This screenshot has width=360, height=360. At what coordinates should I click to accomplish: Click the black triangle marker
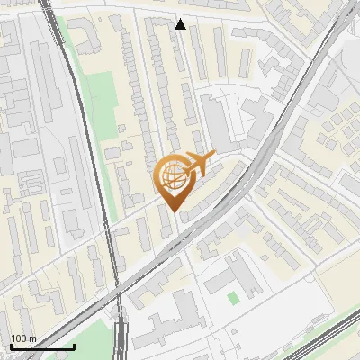coord(181,24)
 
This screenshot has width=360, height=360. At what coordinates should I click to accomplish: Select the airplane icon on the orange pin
coord(195,165)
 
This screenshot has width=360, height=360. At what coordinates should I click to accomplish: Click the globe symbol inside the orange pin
coord(171,176)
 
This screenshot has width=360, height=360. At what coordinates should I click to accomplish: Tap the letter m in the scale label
coord(32,338)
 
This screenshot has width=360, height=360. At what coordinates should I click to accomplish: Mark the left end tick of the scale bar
coord(11,346)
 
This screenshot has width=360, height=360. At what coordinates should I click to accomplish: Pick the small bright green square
coord(234,298)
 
